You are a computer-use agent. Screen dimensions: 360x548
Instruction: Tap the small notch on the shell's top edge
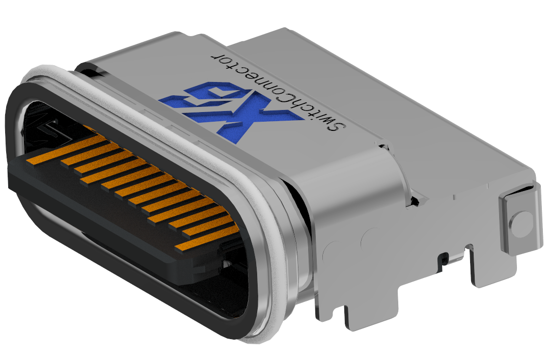[x=383, y=147]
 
